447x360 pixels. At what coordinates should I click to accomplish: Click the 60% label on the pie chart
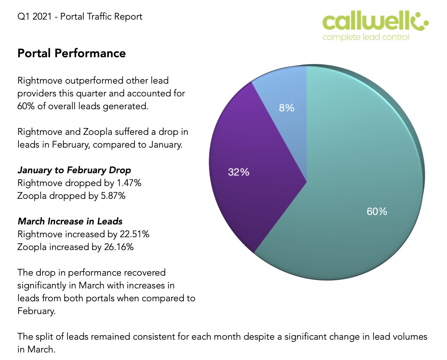pos(377,211)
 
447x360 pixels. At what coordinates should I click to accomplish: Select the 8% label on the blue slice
pos(286,108)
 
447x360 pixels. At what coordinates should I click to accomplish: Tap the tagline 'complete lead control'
pos(366,37)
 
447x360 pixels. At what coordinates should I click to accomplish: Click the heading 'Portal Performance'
pos(72,53)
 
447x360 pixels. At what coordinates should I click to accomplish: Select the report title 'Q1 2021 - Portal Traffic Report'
pos(80,17)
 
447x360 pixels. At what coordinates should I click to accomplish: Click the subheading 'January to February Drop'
pos(74,170)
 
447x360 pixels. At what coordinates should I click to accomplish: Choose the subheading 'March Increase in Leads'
pos(70,221)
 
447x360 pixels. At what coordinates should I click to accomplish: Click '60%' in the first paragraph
pos(24,106)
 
